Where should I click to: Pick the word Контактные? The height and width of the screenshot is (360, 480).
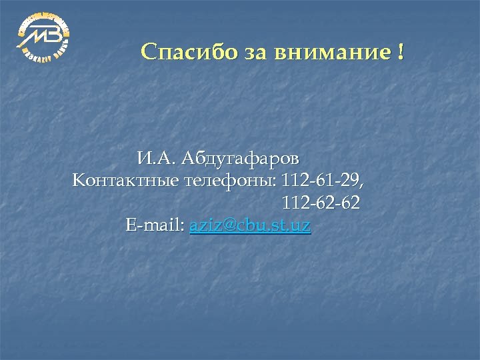click(x=126, y=181)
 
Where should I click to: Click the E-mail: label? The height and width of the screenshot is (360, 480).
click(x=155, y=225)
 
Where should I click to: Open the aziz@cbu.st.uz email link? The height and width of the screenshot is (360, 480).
click(x=250, y=225)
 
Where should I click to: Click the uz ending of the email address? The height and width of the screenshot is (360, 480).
click(x=302, y=225)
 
